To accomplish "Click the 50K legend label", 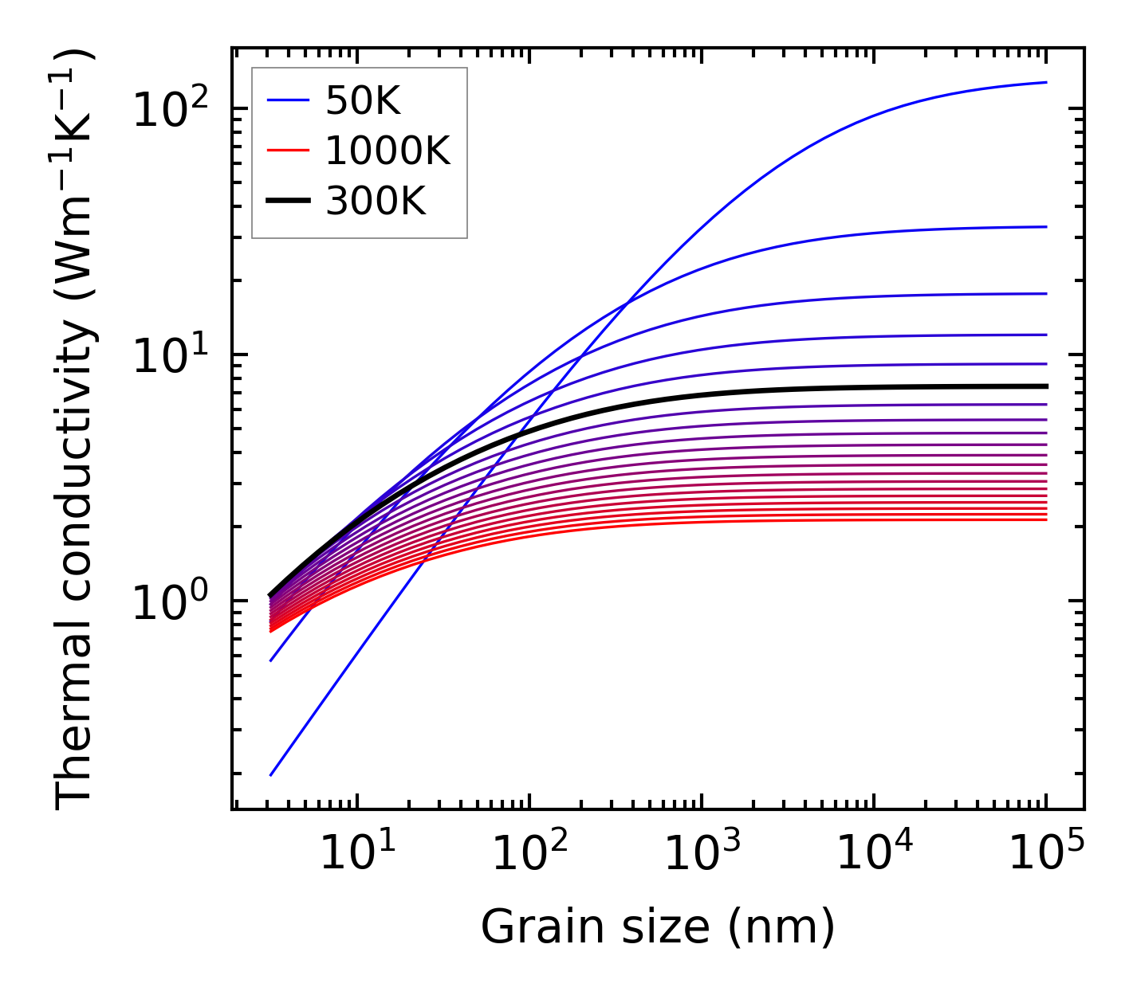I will [363, 101].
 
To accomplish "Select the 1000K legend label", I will [388, 151].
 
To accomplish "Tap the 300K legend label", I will [376, 202].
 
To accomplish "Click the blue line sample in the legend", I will [287, 101].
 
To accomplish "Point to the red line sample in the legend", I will [287, 151].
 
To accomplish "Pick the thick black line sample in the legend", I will [287, 202].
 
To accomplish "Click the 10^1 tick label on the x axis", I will [356, 855].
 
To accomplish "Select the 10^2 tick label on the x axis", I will [529, 855].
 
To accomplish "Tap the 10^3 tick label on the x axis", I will [702, 855].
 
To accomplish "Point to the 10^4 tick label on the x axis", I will [874, 855].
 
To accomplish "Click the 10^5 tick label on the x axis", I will [1046, 855].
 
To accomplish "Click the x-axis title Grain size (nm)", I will [658, 927].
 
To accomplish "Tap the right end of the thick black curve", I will [1046, 386].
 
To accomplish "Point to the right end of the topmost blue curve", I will [1046, 82].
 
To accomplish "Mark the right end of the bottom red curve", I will [1046, 519].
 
